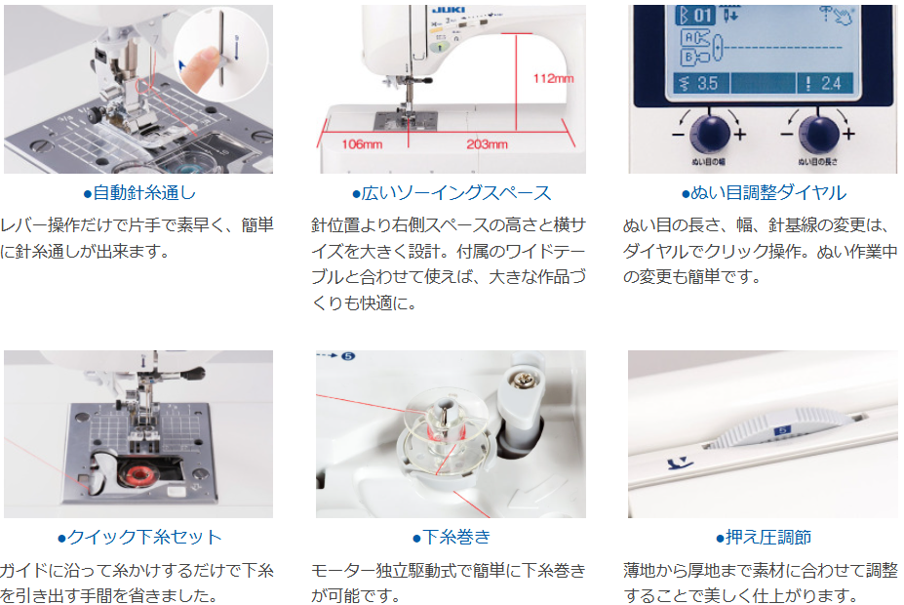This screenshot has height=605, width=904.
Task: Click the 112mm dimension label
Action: pyautogui.click(x=553, y=78)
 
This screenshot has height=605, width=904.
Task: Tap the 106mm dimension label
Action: pyautogui.click(x=362, y=144)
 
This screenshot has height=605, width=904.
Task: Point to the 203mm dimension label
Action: pyautogui.click(x=488, y=144)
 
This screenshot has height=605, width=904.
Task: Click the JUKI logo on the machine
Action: pyautogui.click(x=449, y=10)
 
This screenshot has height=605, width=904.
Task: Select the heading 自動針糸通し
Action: pyautogui.click(x=139, y=192)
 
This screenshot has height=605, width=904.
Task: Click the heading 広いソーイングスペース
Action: pyautogui.click(x=452, y=192)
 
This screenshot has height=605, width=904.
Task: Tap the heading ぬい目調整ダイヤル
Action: pyautogui.click(x=764, y=192)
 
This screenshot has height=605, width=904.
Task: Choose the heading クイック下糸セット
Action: pyautogui.click(x=138, y=537)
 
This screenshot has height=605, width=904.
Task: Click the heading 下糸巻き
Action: pyautogui.click(x=452, y=537)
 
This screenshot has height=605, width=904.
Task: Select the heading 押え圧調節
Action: pyautogui.click(x=764, y=537)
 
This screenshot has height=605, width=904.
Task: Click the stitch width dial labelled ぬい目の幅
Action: pyautogui.click(x=710, y=133)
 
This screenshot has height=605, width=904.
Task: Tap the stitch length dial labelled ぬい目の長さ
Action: pyautogui.click(x=819, y=133)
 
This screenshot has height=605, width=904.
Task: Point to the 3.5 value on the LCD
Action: pyautogui.click(x=707, y=84)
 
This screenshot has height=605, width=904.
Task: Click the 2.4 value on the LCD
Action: pyautogui.click(x=830, y=84)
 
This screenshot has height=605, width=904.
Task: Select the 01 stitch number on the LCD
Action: pyautogui.click(x=701, y=16)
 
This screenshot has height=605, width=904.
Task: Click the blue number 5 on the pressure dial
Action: pyautogui.click(x=782, y=430)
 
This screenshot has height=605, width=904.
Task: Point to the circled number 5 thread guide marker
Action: pyautogui.click(x=348, y=356)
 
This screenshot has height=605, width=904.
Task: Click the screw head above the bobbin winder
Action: pyautogui.click(x=527, y=380)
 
